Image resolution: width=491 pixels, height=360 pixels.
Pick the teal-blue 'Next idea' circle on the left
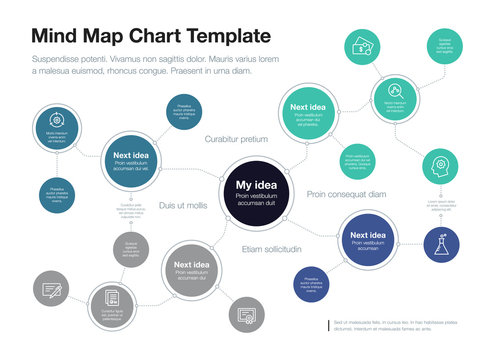(x=131, y=160)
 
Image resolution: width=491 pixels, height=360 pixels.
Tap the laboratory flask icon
(x=443, y=244)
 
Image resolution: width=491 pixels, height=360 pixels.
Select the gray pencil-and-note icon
(x=52, y=291)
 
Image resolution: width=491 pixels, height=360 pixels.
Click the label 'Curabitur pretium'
(x=236, y=139)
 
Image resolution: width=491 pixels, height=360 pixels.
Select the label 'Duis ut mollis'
(x=182, y=205)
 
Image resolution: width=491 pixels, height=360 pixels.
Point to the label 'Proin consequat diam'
(x=346, y=194)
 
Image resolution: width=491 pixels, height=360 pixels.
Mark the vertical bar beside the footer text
(x=328, y=326)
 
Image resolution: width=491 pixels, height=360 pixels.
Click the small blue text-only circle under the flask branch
(x=312, y=283)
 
